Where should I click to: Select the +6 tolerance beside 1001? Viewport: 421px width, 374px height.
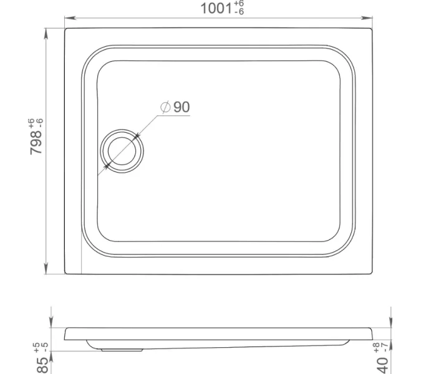tap(239, 4)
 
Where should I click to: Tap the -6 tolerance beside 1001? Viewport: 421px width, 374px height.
tap(239, 13)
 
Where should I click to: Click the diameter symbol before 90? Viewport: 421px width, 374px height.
tap(165, 107)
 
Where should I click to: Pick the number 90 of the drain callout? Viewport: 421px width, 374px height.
tap(181, 107)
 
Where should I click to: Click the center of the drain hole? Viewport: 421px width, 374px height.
tap(122, 150)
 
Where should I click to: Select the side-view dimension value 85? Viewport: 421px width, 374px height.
tap(42, 361)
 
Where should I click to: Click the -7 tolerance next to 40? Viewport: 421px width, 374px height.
tap(387, 345)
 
